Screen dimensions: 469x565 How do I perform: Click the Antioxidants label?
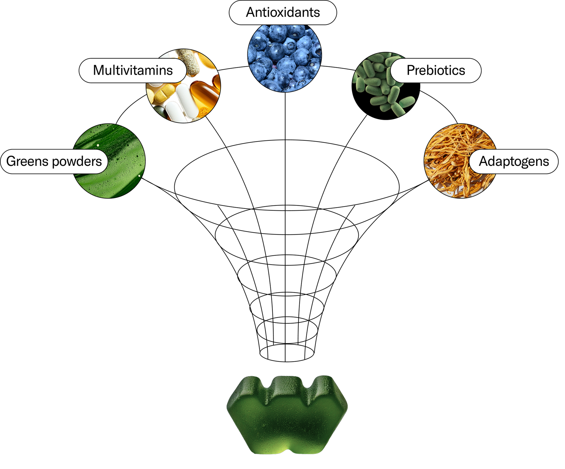tap(283, 12)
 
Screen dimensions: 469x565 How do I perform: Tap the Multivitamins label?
tap(133, 70)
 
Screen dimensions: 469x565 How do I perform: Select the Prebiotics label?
tap(436, 70)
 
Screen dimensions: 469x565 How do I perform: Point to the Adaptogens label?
tap(514, 162)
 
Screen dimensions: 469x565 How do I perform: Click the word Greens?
tap(28, 162)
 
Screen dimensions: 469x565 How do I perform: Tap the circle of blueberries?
tap(284, 58)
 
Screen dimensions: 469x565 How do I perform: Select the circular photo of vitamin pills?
tap(190, 98)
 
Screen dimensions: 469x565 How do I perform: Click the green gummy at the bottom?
tap(287, 417)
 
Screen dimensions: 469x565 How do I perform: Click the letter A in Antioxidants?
tap(251, 12)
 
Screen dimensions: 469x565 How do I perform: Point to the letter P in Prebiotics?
tap(411, 70)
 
